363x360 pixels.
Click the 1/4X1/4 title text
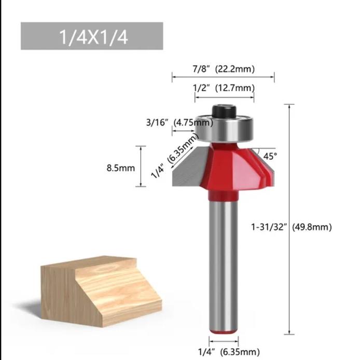tap(92, 37)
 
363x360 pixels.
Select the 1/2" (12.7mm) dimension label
tap(224, 88)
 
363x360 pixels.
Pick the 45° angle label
tap(270, 155)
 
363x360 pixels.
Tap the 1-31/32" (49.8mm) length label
tap(291, 227)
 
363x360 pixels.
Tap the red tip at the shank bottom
tap(224, 327)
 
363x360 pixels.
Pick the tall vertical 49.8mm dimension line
tap(289, 218)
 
